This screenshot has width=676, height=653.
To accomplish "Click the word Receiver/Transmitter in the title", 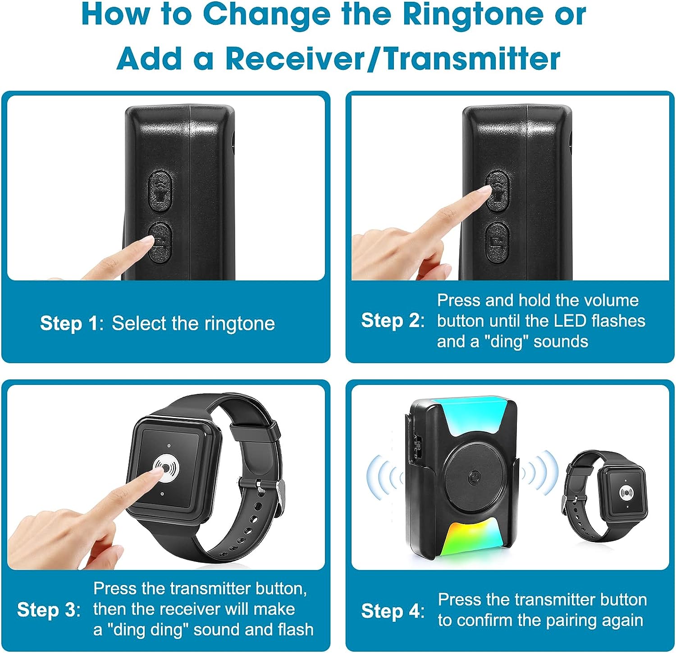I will pyautogui.click(x=393, y=59).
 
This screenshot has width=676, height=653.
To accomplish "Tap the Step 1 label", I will pyautogui.click(x=69, y=324).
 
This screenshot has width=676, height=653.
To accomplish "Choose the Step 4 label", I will pyautogui.click(x=390, y=611).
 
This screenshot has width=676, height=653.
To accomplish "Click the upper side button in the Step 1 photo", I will pyautogui.click(x=160, y=191).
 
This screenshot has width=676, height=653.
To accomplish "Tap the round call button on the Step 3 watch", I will pyautogui.click(x=167, y=469).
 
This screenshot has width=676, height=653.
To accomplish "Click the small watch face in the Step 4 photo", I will pyautogui.click(x=626, y=492).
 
